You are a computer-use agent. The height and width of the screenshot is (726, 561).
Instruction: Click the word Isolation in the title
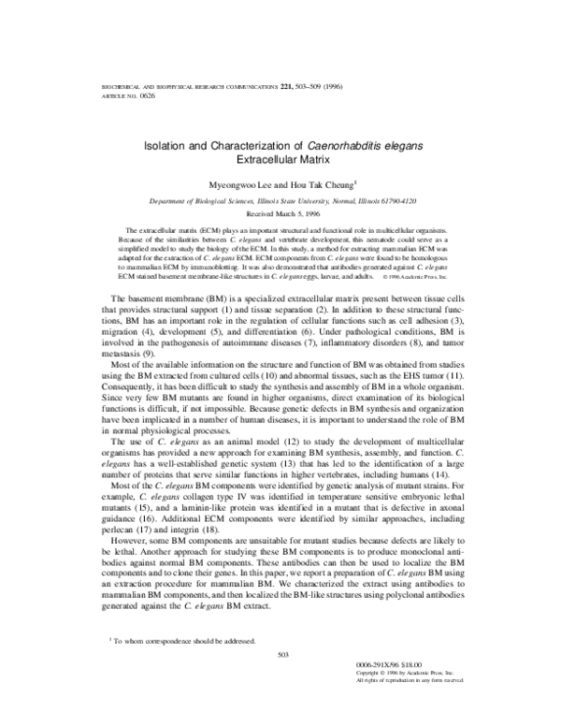tap(167, 146)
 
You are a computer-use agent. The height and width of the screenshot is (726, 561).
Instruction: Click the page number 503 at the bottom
tap(280, 654)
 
